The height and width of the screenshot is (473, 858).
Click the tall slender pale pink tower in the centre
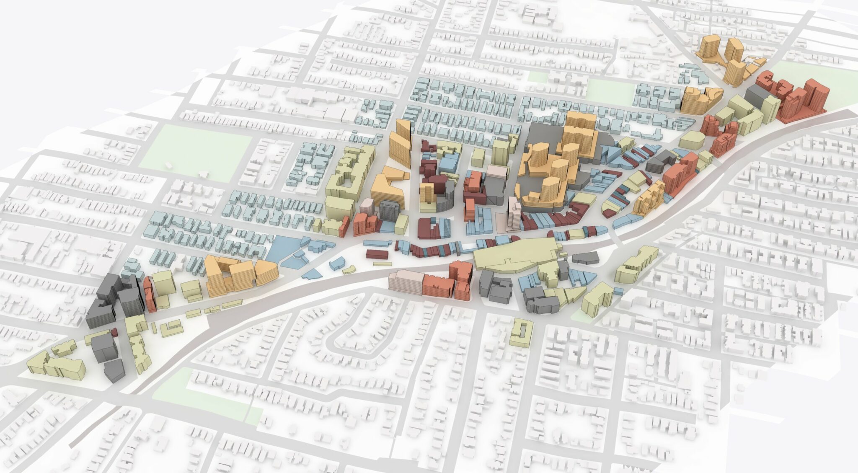coord(513,214)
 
